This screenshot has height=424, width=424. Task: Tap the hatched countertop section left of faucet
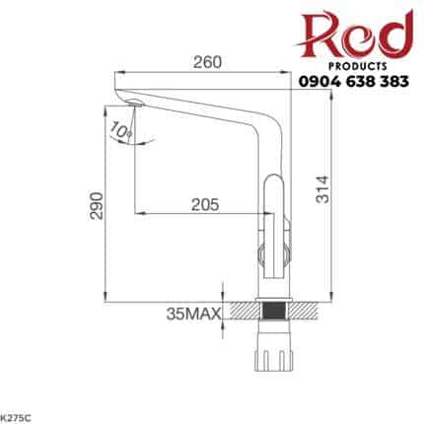pos(241,312)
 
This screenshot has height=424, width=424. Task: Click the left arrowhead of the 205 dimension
pos(139,212)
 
